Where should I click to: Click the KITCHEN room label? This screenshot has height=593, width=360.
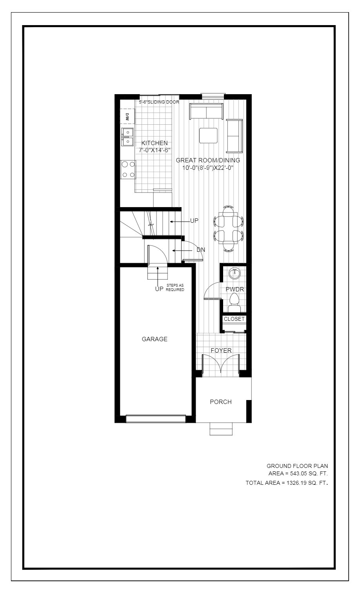click(x=155, y=143)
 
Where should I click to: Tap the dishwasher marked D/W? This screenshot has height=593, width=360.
click(x=127, y=116)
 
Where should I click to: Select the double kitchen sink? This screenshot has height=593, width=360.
click(x=127, y=137)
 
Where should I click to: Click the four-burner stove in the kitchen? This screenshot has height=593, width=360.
click(x=128, y=169)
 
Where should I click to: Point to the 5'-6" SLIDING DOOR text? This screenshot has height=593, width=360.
click(x=159, y=102)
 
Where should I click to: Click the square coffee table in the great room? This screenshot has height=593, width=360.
click(x=208, y=136)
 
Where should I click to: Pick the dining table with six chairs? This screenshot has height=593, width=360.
click(x=229, y=229)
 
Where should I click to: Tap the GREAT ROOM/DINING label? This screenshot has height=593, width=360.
click(x=208, y=160)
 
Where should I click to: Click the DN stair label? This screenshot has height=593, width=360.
click(x=201, y=250)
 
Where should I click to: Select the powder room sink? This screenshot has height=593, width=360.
click(x=235, y=273)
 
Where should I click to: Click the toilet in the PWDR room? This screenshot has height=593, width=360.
click(x=234, y=303)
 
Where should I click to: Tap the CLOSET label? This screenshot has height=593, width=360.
click(x=234, y=319)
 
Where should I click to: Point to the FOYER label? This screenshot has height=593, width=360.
click(x=221, y=351)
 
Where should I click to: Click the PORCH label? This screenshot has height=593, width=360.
click(x=221, y=402)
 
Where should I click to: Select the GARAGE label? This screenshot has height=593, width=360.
click(x=155, y=339)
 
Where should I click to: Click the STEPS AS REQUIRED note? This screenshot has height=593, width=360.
click(x=175, y=287)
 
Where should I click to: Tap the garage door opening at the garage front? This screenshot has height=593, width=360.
click(x=156, y=419)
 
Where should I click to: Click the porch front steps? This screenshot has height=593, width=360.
click(x=221, y=429)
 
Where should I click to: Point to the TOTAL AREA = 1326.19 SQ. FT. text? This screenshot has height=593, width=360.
click(x=287, y=483)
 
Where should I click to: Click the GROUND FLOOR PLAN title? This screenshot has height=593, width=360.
click(x=297, y=466)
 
